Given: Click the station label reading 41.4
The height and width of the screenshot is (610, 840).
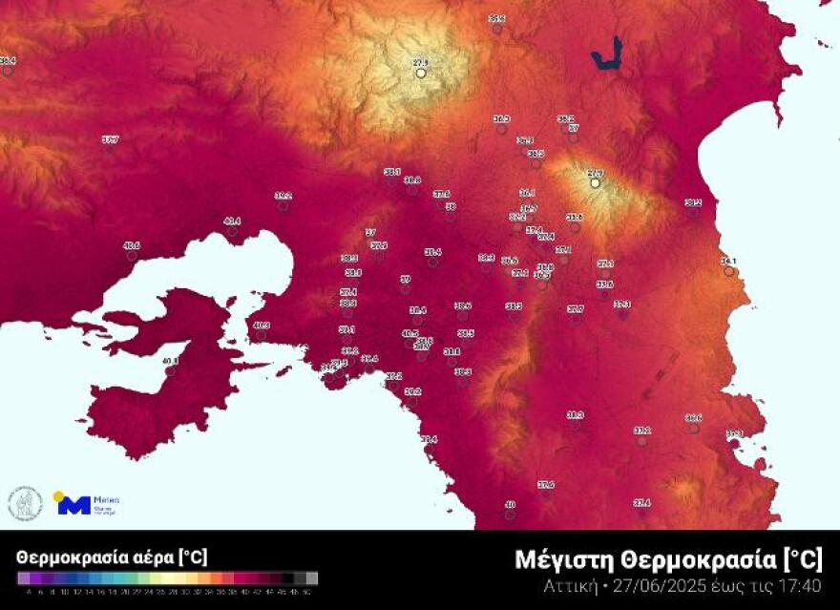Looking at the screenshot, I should [x=232, y=221].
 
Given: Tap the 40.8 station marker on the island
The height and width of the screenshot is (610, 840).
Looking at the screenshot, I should [x=171, y=362].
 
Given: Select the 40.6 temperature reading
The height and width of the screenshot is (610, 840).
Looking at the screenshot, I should [x=132, y=246].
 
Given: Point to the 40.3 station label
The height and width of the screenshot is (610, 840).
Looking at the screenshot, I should [x=261, y=326].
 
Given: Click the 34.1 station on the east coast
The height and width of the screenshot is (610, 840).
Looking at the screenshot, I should [x=728, y=262].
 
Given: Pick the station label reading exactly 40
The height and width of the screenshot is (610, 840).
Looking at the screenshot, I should [x=510, y=505].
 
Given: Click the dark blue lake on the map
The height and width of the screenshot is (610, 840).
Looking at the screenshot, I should [x=606, y=54].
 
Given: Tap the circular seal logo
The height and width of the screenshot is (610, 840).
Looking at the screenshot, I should [x=25, y=503].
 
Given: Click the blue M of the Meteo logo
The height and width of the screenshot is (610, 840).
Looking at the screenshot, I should [x=75, y=505].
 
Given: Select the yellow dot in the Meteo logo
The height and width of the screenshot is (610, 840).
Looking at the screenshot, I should [x=59, y=496].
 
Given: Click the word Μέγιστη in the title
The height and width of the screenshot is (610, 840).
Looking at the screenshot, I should [x=565, y=559].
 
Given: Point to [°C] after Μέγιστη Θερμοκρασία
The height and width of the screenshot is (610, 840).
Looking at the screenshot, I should [x=803, y=559].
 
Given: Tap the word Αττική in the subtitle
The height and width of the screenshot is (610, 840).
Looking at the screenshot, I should [x=569, y=585].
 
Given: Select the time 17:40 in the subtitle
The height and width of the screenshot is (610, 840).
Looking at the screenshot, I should [x=800, y=585].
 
